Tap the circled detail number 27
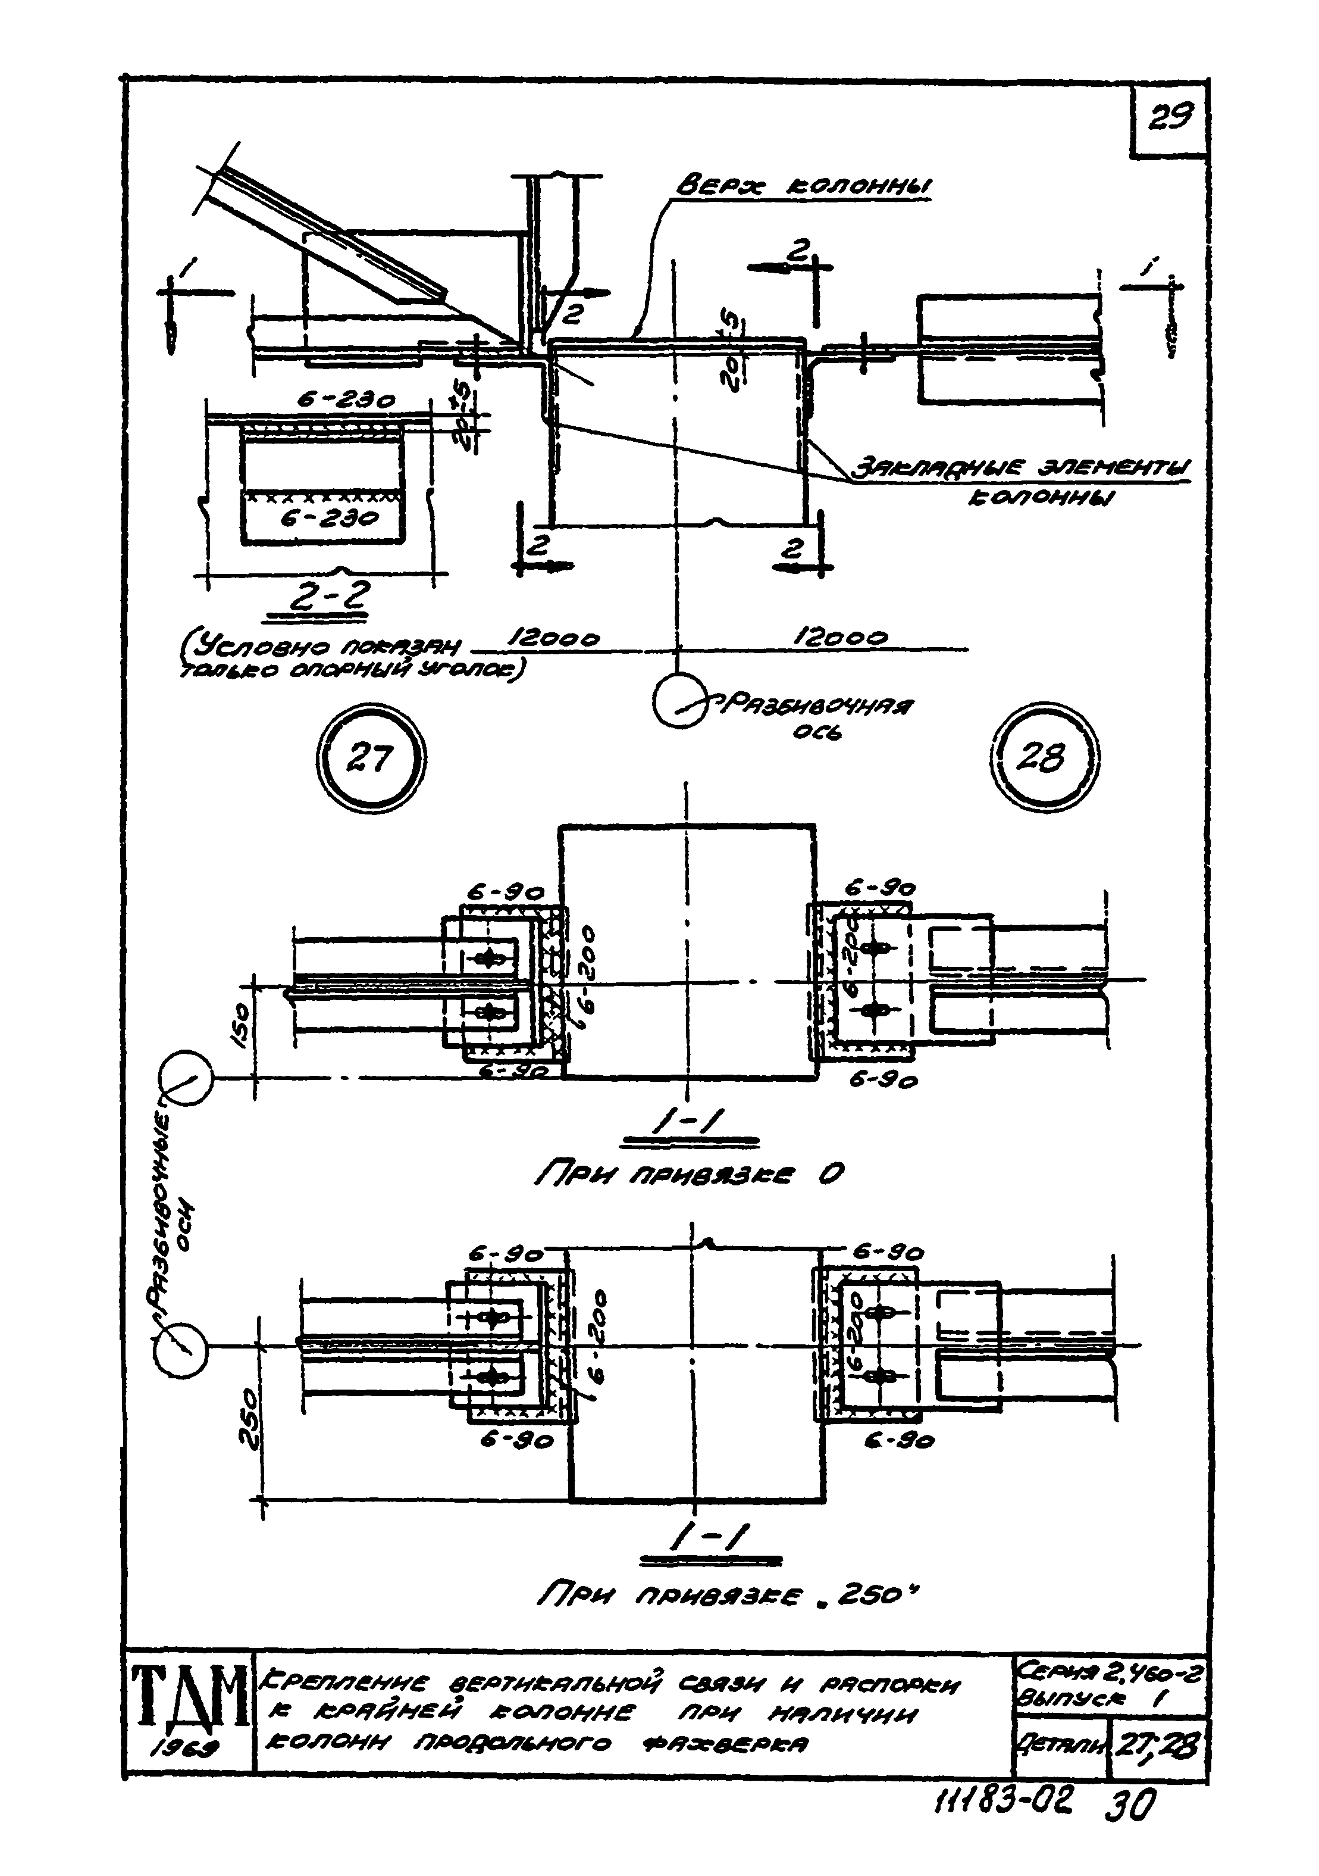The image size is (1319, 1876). [371, 759]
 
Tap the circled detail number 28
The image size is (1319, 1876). [1048, 759]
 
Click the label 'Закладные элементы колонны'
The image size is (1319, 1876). [1021, 482]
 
